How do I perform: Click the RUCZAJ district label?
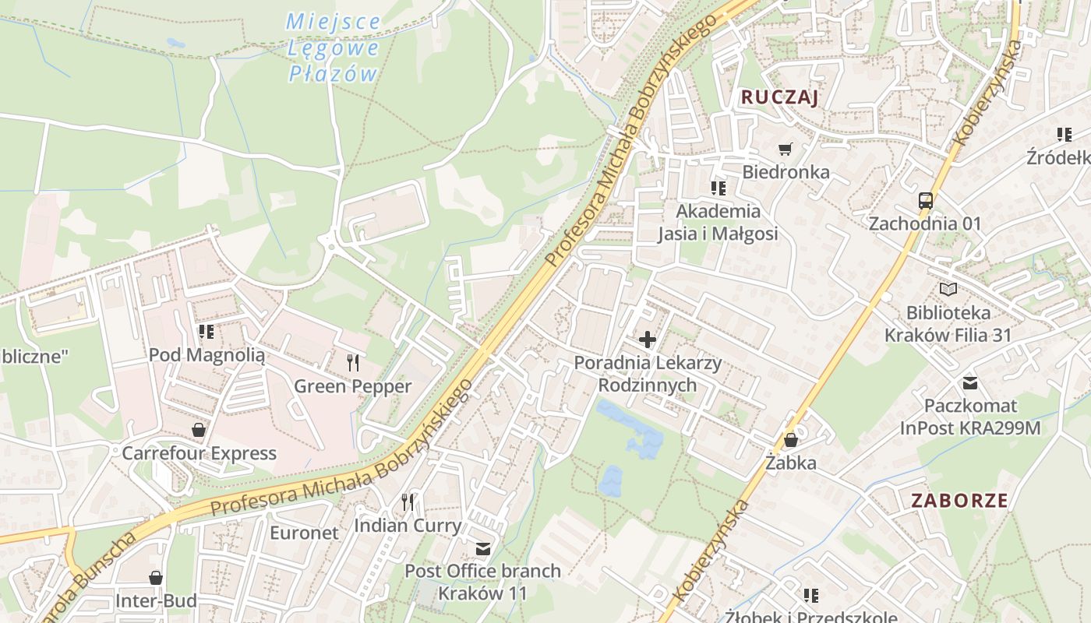tap(779, 97)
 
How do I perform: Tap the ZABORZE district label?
tap(959, 500)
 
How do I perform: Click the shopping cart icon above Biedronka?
tap(785, 148)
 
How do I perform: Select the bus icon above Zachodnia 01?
tap(925, 200)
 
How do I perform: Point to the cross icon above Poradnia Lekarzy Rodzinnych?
tap(647, 340)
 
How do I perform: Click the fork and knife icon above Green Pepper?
tap(352, 362)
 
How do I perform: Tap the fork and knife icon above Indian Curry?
tap(408, 502)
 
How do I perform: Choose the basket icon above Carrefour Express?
tap(199, 430)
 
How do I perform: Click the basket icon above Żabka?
tap(790, 440)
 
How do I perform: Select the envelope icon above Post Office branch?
tap(483, 549)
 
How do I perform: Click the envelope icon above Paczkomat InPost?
tap(969, 382)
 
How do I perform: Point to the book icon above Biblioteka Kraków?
tap(948, 290)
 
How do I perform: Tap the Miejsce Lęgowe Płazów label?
tap(334, 48)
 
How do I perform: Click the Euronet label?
tap(304, 533)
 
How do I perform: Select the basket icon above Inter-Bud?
tap(156, 578)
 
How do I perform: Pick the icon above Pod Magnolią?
tap(207, 333)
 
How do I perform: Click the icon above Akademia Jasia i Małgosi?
tap(718, 188)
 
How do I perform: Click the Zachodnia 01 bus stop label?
tap(925, 224)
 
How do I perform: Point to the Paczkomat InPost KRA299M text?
tap(970, 417)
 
